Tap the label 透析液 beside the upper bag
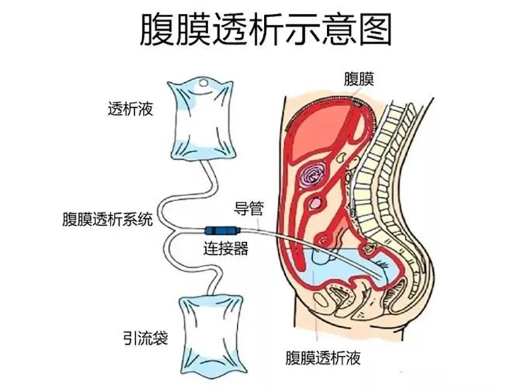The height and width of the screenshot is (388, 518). (x=130, y=109)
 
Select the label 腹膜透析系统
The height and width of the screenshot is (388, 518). (x=108, y=220)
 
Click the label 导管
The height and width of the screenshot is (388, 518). (x=249, y=208)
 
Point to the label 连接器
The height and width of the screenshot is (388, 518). (x=226, y=249)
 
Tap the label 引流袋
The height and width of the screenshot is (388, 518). (x=145, y=337)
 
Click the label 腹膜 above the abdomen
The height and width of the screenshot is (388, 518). (x=359, y=79)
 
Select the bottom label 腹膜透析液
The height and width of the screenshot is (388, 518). (x=323, y=358)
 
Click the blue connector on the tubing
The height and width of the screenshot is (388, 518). (x=222, y=230)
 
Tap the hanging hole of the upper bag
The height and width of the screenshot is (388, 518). (x=204, y=83)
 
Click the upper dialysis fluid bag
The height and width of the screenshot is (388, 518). (x=201, y=119)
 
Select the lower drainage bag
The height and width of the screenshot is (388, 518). (x=213, y=337)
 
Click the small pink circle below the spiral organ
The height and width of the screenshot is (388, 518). (x=315, y=203)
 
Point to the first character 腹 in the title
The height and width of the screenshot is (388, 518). (x=157, y=30)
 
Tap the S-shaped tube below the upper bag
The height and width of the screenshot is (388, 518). (x=185, y=195)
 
